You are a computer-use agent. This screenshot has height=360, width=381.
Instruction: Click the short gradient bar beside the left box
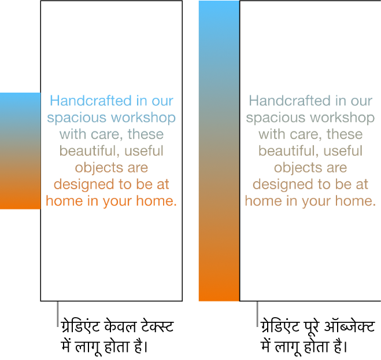(20, 150)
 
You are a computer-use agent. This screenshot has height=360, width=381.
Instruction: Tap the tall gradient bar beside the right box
(219, 150)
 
